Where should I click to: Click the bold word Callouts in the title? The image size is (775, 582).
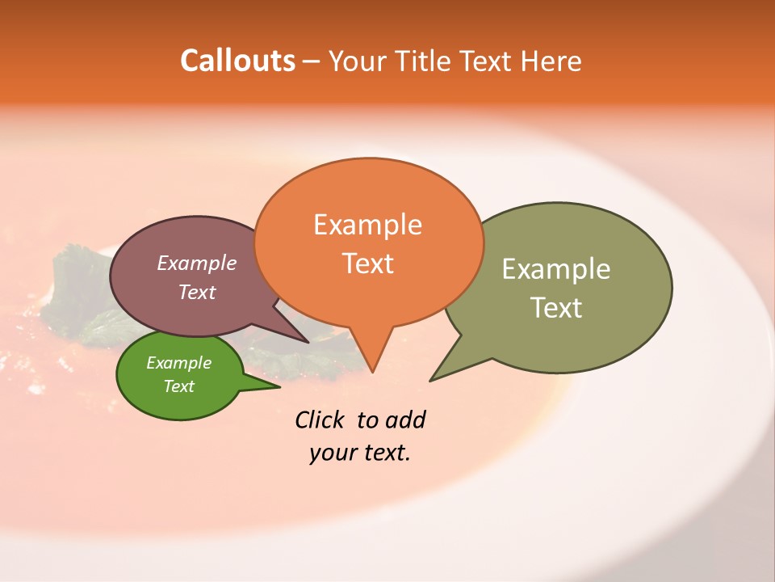237,61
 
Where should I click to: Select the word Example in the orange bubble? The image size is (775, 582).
367,224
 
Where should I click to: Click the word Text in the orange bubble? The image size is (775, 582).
367,263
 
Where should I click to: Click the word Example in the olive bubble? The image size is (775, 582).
555,268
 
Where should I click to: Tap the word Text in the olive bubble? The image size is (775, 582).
555,307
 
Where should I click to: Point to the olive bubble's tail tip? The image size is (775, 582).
431,380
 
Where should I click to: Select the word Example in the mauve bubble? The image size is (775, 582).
196,263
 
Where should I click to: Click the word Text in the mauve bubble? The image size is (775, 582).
196,292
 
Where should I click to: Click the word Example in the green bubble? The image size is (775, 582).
178,363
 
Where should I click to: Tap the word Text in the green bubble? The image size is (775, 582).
178,386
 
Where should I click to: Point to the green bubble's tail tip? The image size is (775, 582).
279,386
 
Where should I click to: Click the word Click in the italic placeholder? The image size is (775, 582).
319,420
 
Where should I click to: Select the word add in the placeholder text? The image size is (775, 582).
405,420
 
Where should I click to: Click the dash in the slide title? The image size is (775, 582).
312,61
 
